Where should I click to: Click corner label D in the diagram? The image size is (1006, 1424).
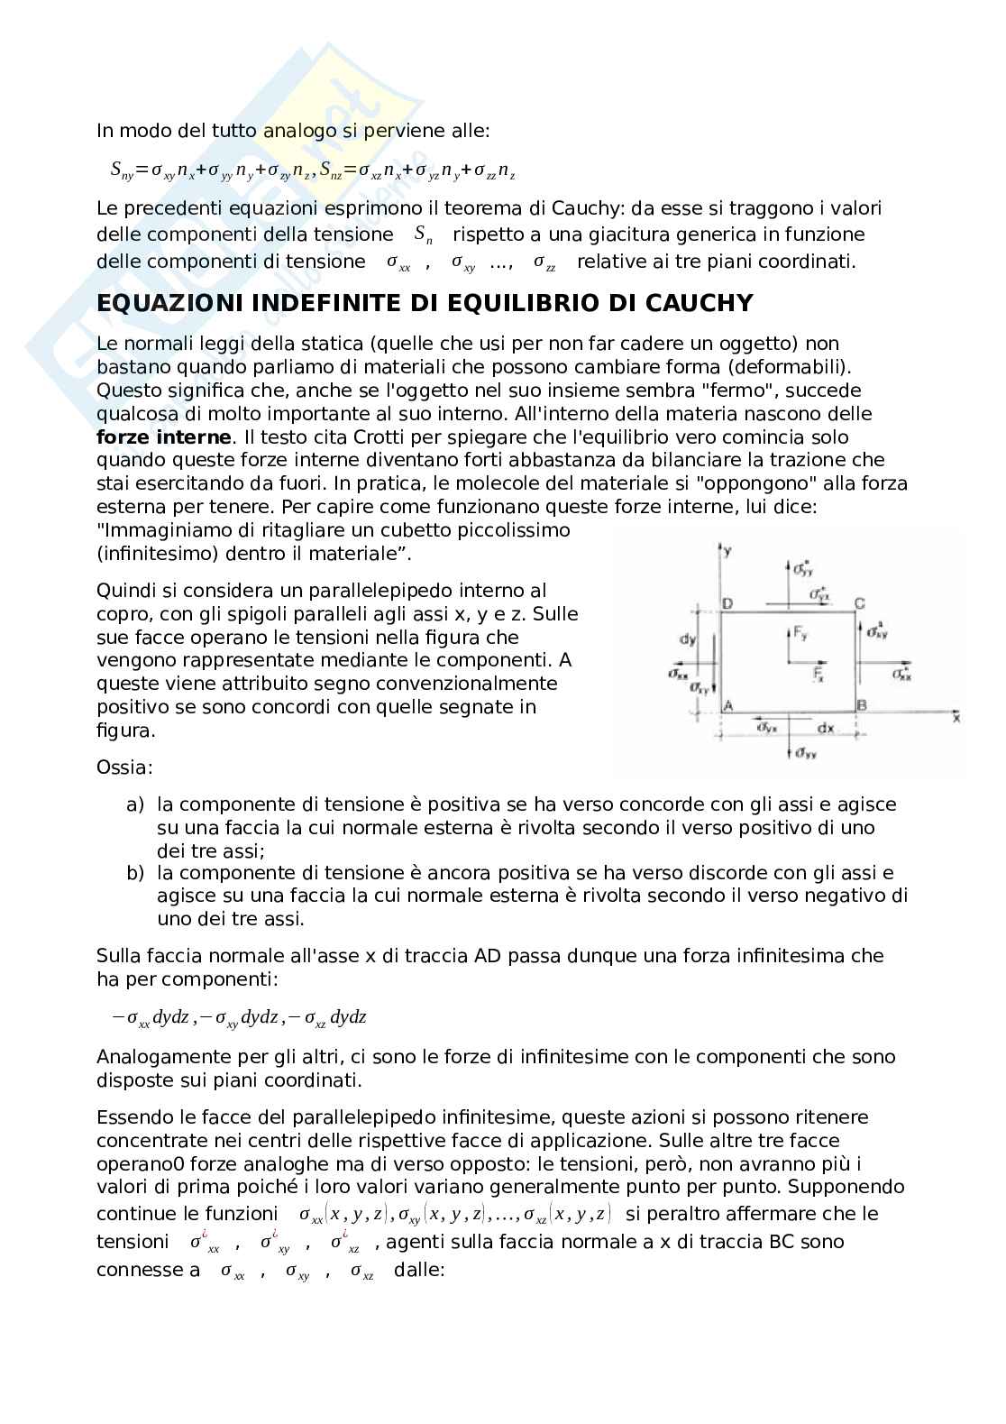727,603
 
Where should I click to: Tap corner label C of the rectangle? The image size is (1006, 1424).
860,603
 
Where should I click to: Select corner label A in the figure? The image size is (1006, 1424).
727,705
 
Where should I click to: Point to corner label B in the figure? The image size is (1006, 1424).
862,705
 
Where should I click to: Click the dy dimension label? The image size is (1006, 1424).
688,639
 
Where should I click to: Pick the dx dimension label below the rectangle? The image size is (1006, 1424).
825,727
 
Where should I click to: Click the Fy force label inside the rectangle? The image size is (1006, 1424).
798,634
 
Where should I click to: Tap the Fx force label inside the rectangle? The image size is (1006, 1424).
819,673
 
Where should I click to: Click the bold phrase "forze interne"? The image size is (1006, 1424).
163,437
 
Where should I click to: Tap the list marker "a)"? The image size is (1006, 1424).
135,804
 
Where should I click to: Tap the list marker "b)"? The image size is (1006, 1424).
135,872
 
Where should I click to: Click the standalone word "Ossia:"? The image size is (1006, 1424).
124,767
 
